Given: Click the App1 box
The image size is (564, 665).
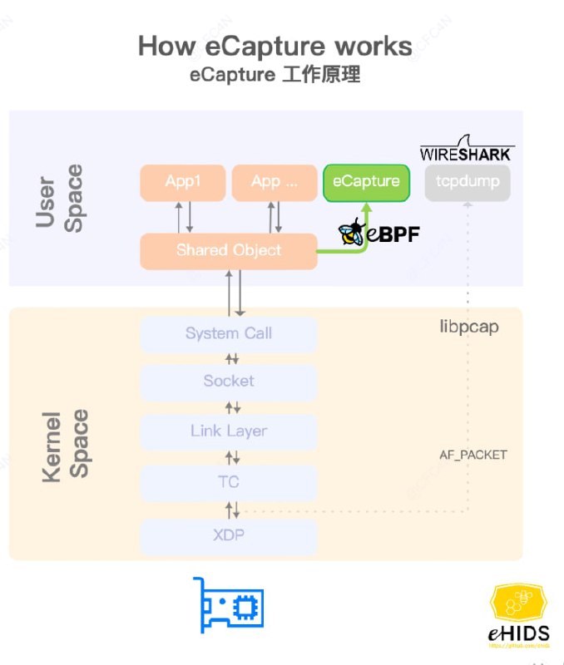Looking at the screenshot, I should (182, 182).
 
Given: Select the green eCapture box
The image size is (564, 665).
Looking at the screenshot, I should (366, 182).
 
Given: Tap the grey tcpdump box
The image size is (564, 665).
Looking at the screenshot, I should (467, 182).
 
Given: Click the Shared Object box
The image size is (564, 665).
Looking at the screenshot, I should (229, 250).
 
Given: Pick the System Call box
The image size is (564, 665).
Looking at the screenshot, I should (229, 333).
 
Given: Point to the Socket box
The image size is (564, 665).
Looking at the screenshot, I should (229, 382).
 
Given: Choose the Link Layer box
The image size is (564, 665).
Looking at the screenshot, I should (229, 431).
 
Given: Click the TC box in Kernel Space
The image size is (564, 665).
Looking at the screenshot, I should (229, 482).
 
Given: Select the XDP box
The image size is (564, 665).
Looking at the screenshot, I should (229, 535).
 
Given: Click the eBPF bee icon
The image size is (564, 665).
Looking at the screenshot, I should (352, 233).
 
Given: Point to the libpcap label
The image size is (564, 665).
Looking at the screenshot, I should (469, 327).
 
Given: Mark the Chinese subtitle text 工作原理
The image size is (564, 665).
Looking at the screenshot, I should (321, 75).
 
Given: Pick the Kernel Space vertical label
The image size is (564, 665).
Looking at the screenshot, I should (65, 445).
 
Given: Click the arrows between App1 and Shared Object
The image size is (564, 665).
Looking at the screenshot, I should (186, 217).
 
